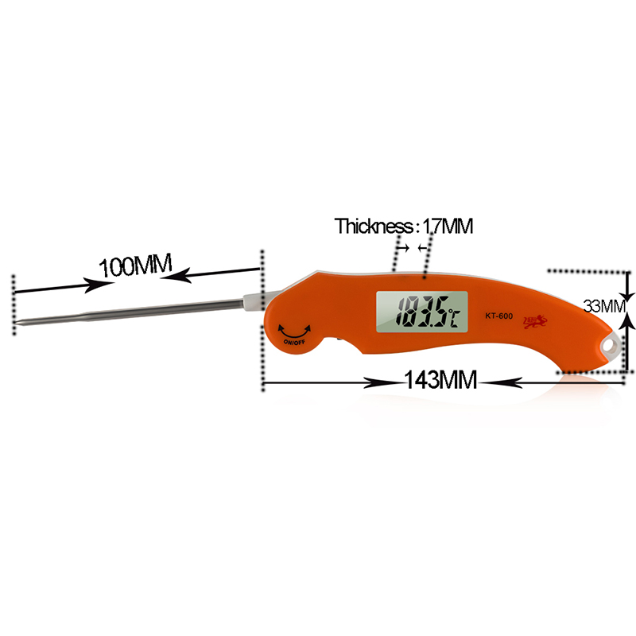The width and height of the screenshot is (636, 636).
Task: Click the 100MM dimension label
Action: coord(135,266)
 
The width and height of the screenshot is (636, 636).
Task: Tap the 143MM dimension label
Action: coord(440,380)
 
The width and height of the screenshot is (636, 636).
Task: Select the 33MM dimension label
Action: coord(604,306)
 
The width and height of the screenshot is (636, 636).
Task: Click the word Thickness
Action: coord(374,226)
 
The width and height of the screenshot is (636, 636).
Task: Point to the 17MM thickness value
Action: coord(448,226)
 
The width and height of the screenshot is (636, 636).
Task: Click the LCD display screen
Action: coord(422,312)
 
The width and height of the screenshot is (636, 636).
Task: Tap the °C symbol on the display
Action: coord(453,317)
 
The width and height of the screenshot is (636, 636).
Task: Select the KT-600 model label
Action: coord(499,316)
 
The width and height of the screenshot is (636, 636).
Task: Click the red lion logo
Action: coord(535,321)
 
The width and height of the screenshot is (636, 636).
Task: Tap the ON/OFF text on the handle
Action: coord(294,342)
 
